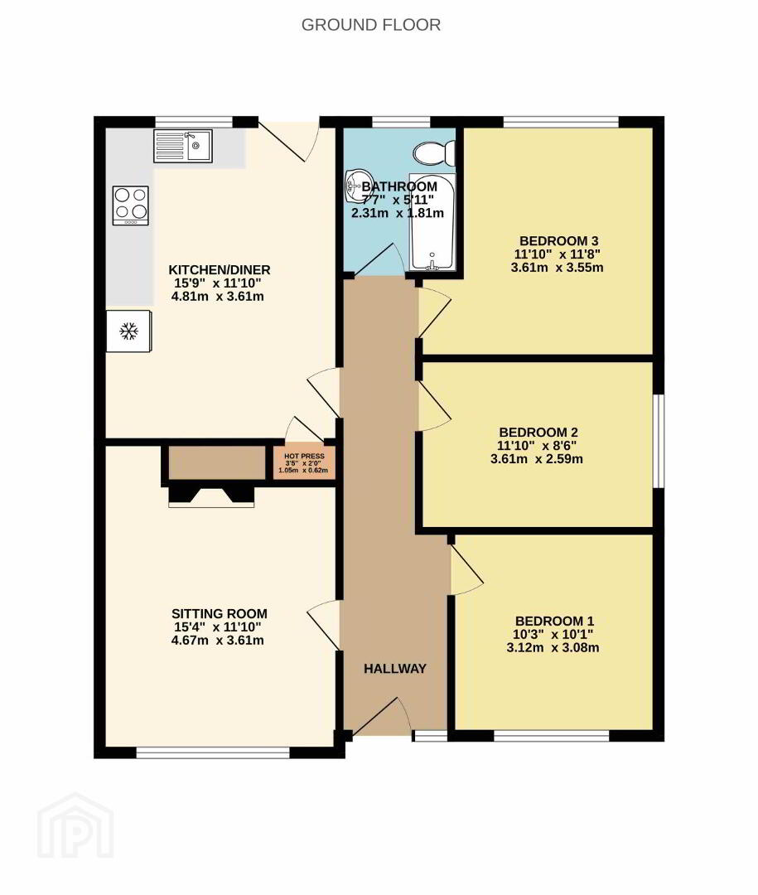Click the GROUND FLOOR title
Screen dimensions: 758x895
tap(371, 25)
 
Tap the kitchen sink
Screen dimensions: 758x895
tap(183, 146)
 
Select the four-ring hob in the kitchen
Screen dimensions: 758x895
tap(131, 206)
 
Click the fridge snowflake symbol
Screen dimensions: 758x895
tap(129, 331)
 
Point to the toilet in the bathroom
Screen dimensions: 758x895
tap(434, 153)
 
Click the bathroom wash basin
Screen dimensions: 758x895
tap(357, 186)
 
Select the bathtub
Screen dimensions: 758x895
tap(432, 221)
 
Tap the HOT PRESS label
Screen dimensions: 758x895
tap(304, 456)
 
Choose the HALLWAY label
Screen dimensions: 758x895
tap(395, 669)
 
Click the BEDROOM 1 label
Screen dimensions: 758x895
tap(554, 621)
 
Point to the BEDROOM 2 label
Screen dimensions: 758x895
tap(538, 432)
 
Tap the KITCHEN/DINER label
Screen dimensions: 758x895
tap(220, 269)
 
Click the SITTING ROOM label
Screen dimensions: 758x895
tap(220, 613)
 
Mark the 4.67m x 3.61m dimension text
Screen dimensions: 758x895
tap(218, 641)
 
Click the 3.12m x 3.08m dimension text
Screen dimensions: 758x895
tap(553, 648)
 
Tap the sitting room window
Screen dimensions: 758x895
tap(214, 753)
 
